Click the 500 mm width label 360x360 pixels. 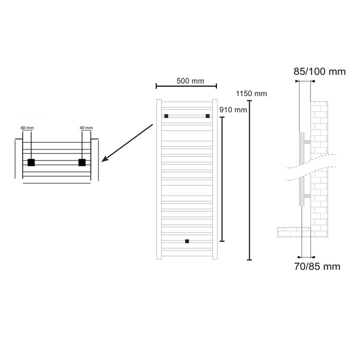coord(190,81)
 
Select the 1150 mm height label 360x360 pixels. coord(251,94)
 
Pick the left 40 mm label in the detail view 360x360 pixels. coord(27,128)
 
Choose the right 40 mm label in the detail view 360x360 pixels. coord(86,128)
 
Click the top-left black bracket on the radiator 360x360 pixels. coord(166,116)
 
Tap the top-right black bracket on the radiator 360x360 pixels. coord(207,116)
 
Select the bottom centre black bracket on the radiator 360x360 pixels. coord(187,241)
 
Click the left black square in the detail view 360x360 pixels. coord(31,162)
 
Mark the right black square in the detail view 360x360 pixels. coord(82,162)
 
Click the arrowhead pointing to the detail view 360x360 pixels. coord(105,159)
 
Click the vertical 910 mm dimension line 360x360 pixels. coord(222,179)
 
